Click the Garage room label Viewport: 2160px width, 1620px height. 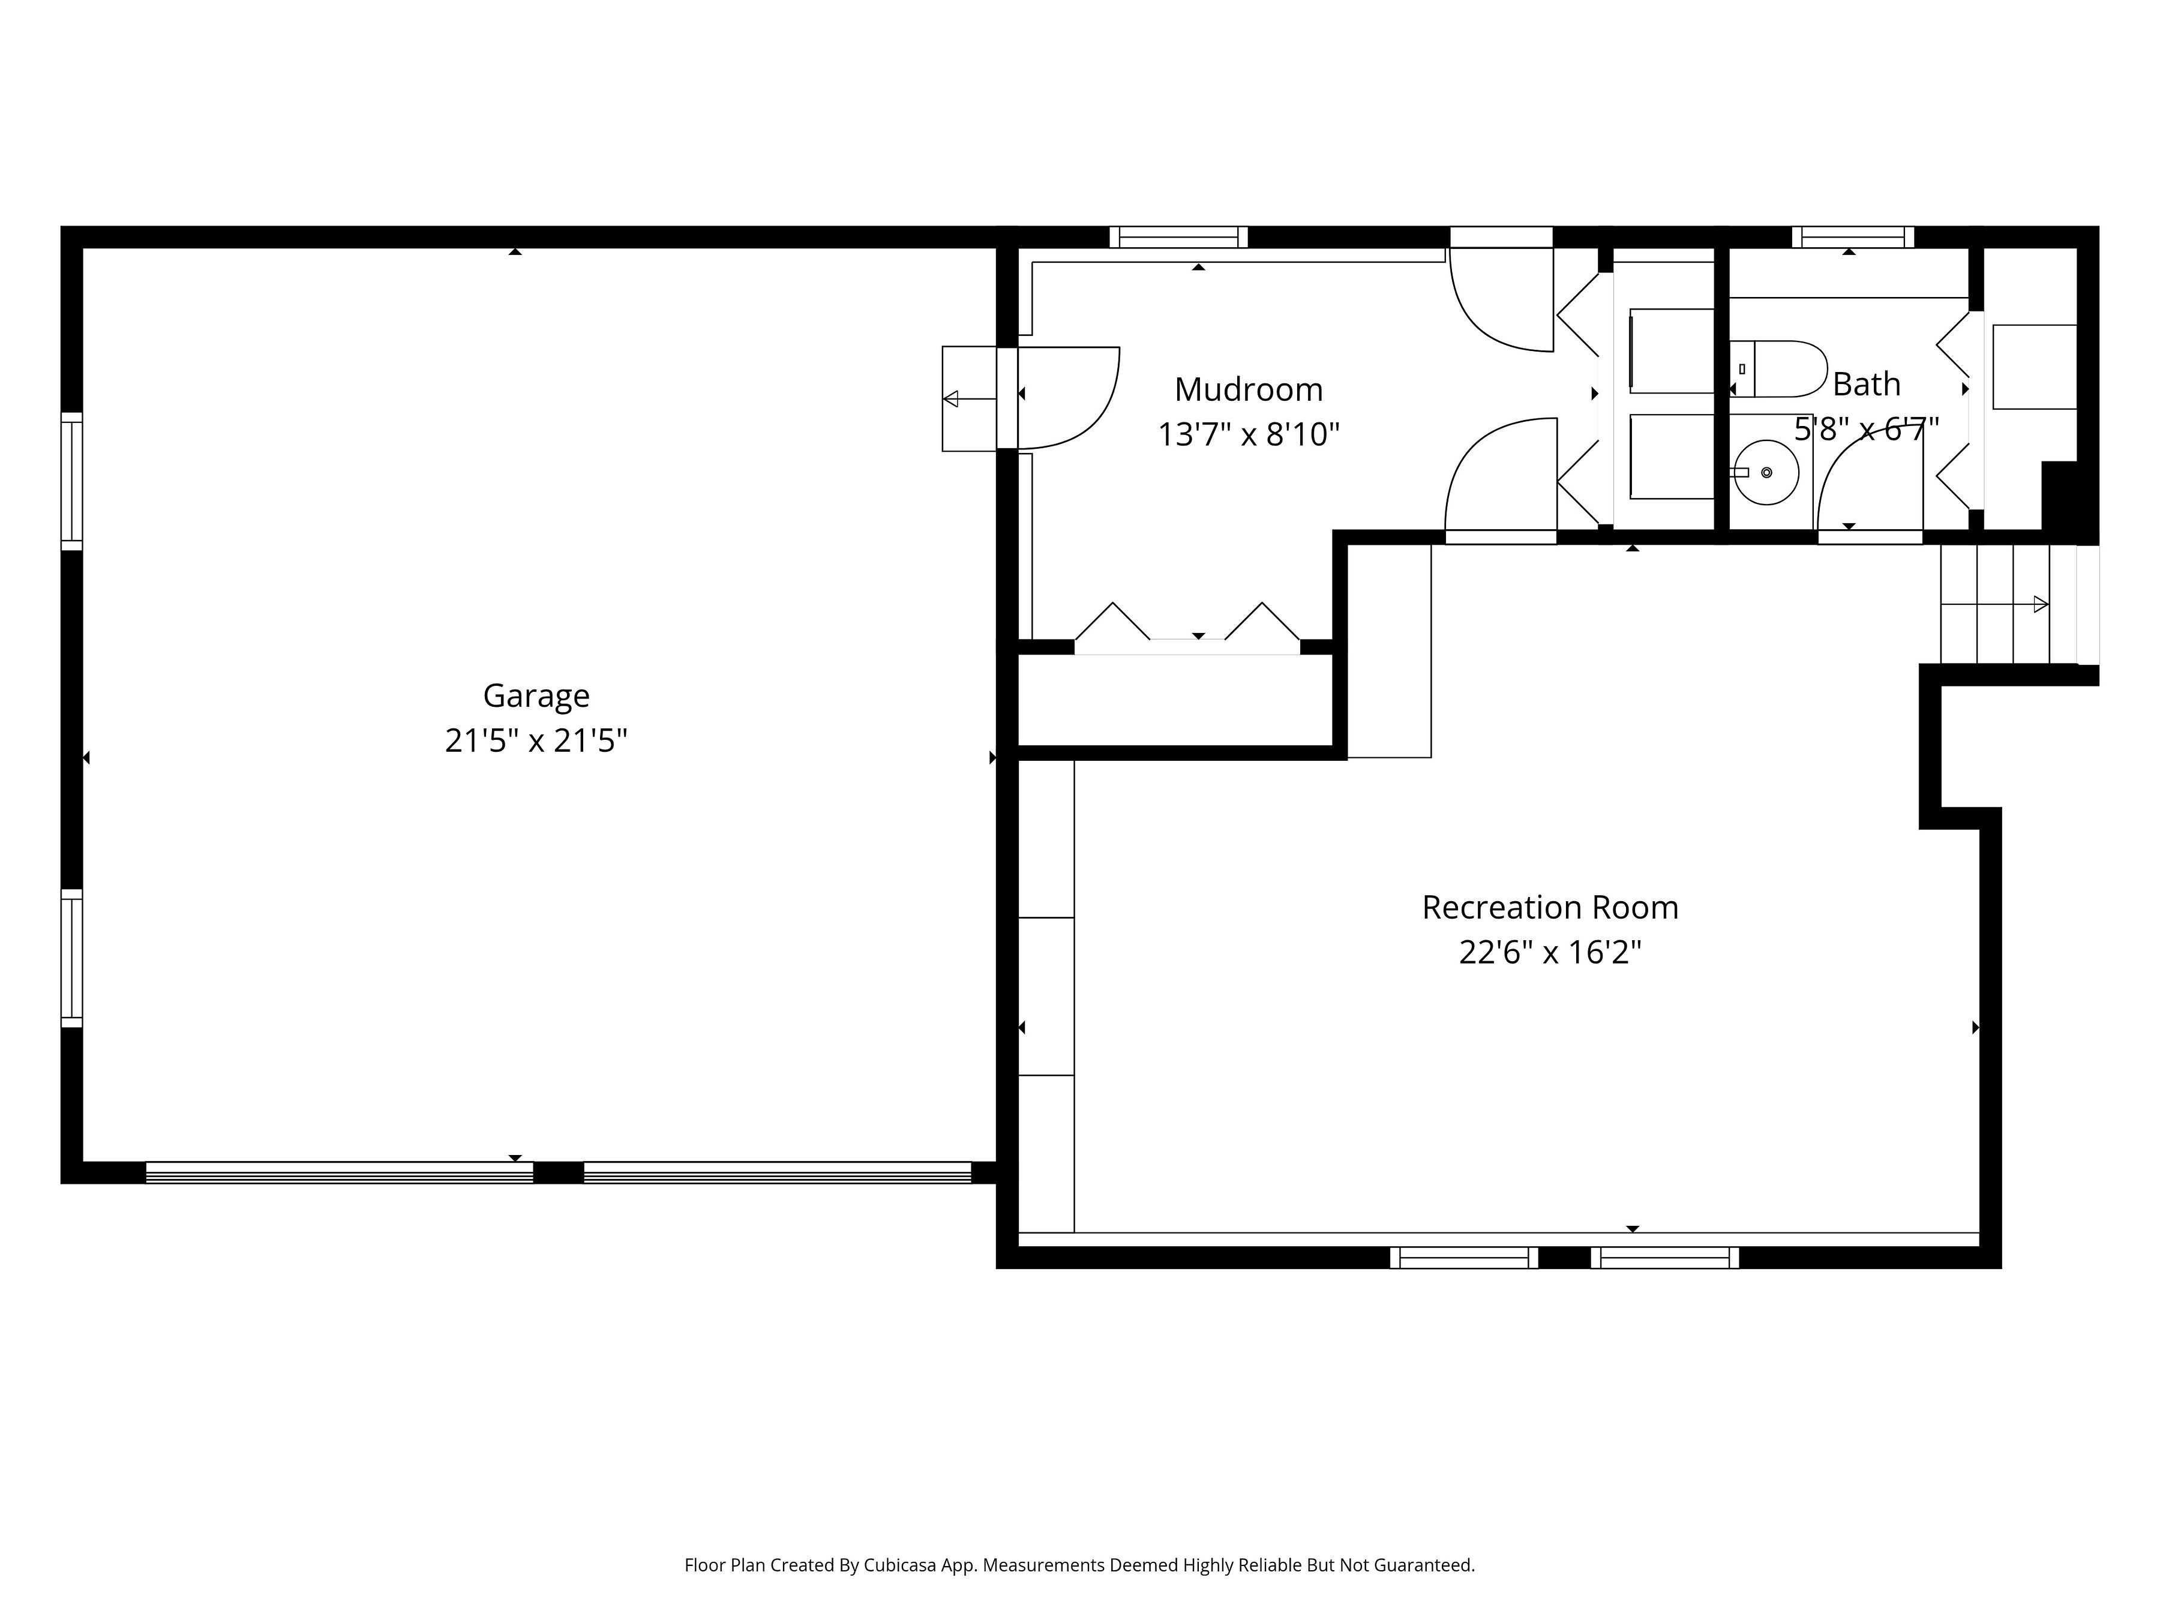point(536,695)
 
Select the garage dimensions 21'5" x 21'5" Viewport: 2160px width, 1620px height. point(536,741)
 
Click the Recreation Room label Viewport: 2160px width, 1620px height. point(1550,907)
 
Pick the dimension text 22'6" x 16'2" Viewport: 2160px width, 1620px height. point(1550,952)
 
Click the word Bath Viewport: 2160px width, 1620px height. point(1866,385)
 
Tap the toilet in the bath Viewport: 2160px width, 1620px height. point(1779,369)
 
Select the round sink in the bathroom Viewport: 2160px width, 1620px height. point(1766,473)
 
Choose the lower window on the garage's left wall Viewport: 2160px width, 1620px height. point(71,958)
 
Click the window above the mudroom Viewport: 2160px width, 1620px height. point(1178,237)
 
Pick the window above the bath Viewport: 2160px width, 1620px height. point(1852,237)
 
